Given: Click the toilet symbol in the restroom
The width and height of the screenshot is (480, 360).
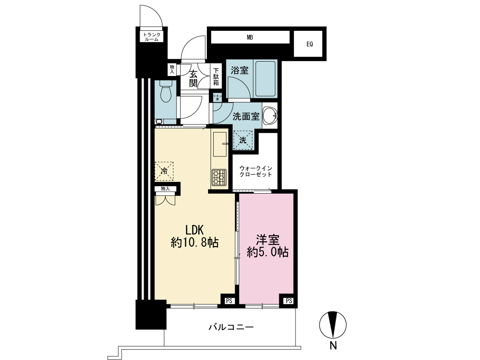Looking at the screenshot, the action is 166,91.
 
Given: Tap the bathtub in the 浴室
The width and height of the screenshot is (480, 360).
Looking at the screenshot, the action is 265,79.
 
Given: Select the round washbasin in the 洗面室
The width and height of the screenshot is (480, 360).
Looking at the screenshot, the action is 270,116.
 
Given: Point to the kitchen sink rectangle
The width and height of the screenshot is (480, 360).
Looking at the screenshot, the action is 220,144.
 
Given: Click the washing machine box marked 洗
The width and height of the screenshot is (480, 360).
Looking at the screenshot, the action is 243,140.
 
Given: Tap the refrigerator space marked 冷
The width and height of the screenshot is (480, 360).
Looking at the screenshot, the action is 164,171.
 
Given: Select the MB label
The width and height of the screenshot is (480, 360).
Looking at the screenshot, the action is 250,38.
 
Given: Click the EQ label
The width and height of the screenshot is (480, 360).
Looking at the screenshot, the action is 310,44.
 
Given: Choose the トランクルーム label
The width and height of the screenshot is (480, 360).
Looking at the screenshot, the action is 152,37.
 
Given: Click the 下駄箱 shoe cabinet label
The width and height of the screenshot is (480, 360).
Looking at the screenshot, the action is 216,77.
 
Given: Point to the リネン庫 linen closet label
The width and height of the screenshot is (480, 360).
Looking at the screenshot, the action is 218,98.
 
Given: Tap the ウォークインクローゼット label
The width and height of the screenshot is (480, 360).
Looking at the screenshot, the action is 256,171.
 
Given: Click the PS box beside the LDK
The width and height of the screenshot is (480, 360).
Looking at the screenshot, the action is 229,301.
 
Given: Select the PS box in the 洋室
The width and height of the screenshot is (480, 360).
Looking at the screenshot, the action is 289,301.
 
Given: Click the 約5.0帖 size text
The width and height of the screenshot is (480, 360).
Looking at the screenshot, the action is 268,253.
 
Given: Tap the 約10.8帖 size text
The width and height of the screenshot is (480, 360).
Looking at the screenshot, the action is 195,243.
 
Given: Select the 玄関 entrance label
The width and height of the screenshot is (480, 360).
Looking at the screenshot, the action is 193,79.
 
